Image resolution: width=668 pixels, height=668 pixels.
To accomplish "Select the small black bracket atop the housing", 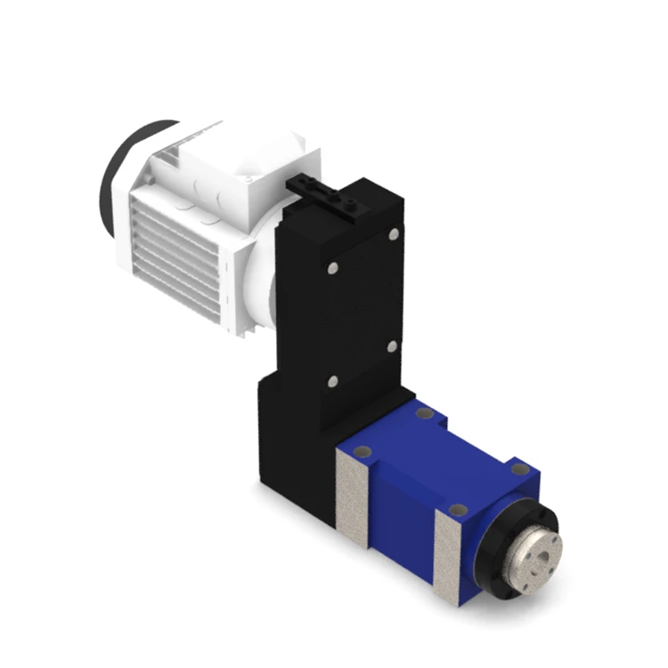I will (x=325, y=193).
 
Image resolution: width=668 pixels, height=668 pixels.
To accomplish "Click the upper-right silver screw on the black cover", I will (x=394, y=234).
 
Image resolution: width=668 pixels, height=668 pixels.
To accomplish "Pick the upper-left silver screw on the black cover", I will (x=331, y=267).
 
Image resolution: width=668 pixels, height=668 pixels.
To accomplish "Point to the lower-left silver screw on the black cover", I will (x=332, y=381).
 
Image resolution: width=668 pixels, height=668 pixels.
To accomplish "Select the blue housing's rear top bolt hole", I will (x=425, y=413).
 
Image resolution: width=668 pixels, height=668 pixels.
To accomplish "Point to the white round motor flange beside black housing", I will (x=261, y=285).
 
